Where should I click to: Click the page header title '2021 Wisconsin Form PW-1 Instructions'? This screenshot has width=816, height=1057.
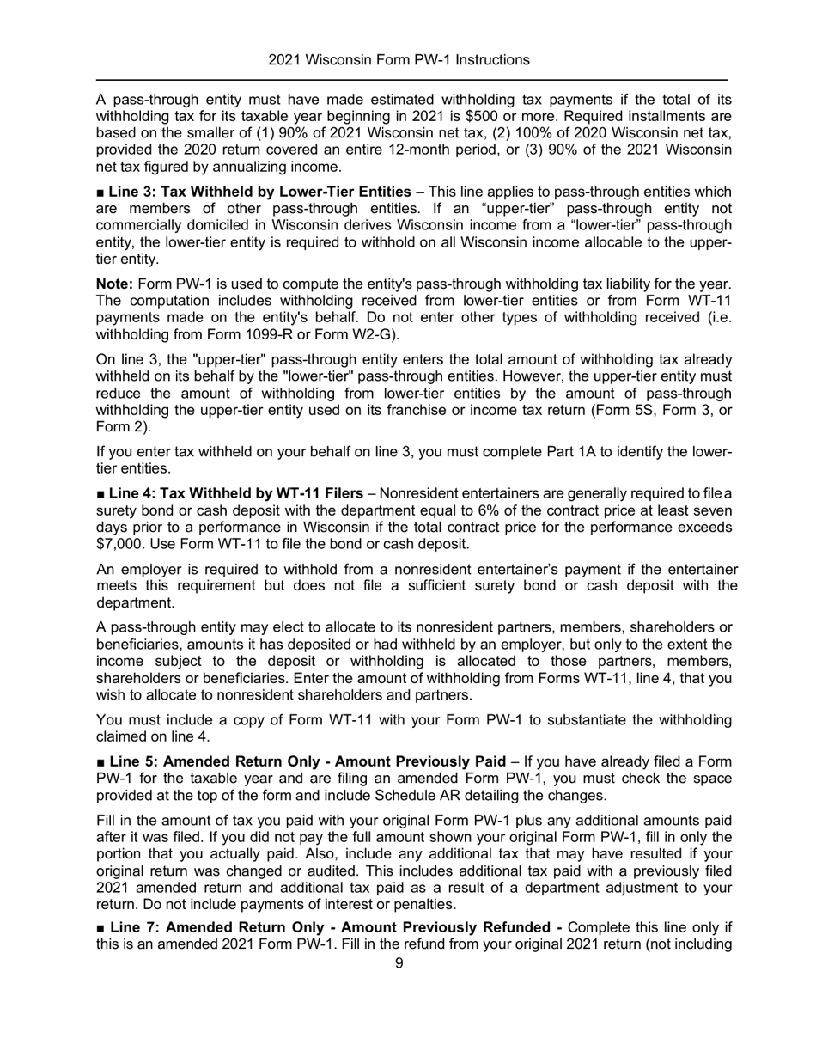[399, 60]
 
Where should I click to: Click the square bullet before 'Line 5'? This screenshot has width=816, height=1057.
[100, 761]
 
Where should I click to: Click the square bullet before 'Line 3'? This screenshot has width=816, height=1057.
[100, 192]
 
